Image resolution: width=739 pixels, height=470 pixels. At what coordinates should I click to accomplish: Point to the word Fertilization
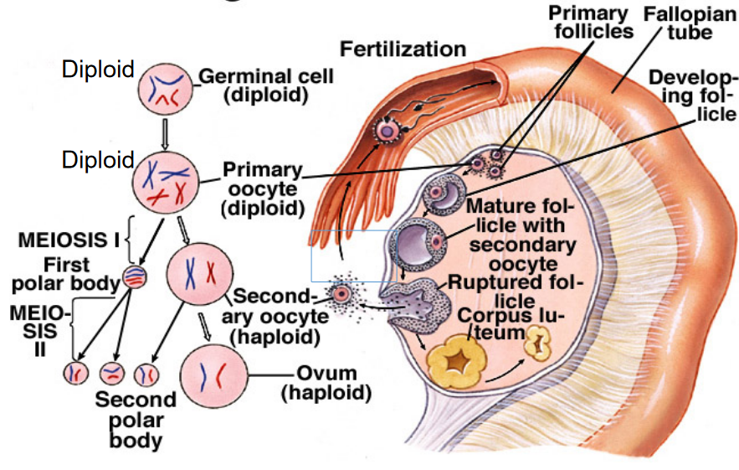pos(402,48)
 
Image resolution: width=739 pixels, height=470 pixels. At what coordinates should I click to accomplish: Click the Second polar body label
pos(136,418)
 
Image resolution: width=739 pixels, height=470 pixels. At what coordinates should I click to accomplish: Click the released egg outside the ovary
pos(341,294)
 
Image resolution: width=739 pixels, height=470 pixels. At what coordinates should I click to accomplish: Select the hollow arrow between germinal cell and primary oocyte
pos(165,134)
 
